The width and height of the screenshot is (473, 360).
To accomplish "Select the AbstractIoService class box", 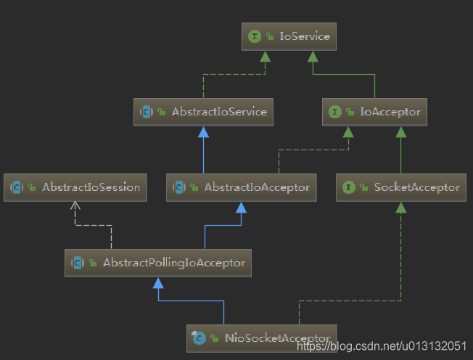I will click(203, 112).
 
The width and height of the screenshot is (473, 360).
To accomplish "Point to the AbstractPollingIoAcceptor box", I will click(158, 263).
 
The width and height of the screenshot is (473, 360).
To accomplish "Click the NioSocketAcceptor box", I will click(262, 337).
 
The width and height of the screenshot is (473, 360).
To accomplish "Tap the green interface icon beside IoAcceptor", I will click(334, 112).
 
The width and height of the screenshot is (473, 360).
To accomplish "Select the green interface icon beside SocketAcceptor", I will click(349, 187).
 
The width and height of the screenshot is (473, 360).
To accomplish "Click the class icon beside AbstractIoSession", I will click(17, 187).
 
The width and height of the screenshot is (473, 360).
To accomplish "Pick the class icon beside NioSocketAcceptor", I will click(199, 337).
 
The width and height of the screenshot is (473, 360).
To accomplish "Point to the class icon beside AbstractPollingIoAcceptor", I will click(78, 263).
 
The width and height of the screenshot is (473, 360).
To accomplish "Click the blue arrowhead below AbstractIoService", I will click(204, 131).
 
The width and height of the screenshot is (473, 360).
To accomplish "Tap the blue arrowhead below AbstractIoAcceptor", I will click(242, 207).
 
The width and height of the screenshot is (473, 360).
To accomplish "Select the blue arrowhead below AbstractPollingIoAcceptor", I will click(158, 282).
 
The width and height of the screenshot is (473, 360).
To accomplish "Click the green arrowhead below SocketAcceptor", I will click(400, 207).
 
